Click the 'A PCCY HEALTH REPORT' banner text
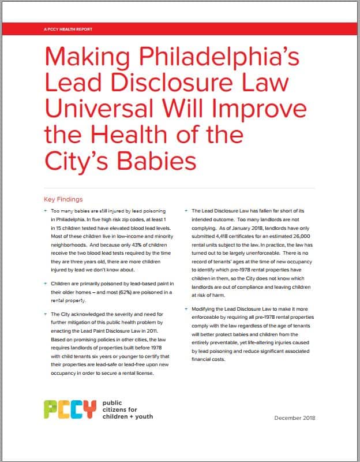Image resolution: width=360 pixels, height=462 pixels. (x=67, y=29)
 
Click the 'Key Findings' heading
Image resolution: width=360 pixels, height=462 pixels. (x=63, y=199)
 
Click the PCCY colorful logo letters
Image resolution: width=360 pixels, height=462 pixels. (x=70, y=409)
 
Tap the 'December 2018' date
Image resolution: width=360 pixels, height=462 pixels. (x=294, y=418)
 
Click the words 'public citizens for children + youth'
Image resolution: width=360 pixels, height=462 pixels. (x=127, y=409)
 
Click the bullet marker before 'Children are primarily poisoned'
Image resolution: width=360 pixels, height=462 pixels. (x=45, y=285)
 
